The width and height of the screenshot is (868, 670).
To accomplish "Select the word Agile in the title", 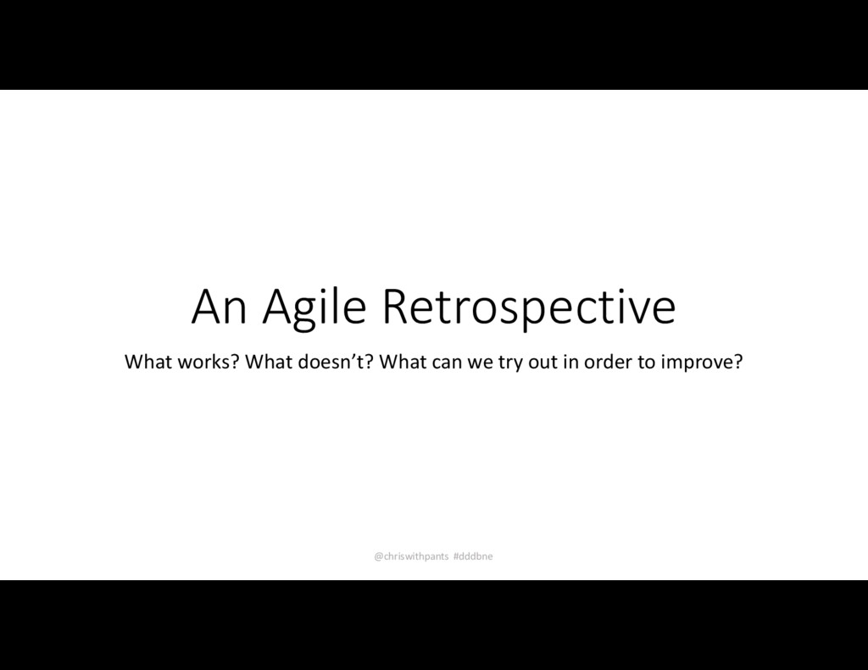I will click(314, 308).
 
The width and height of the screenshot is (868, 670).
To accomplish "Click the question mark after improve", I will click(738, 363).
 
